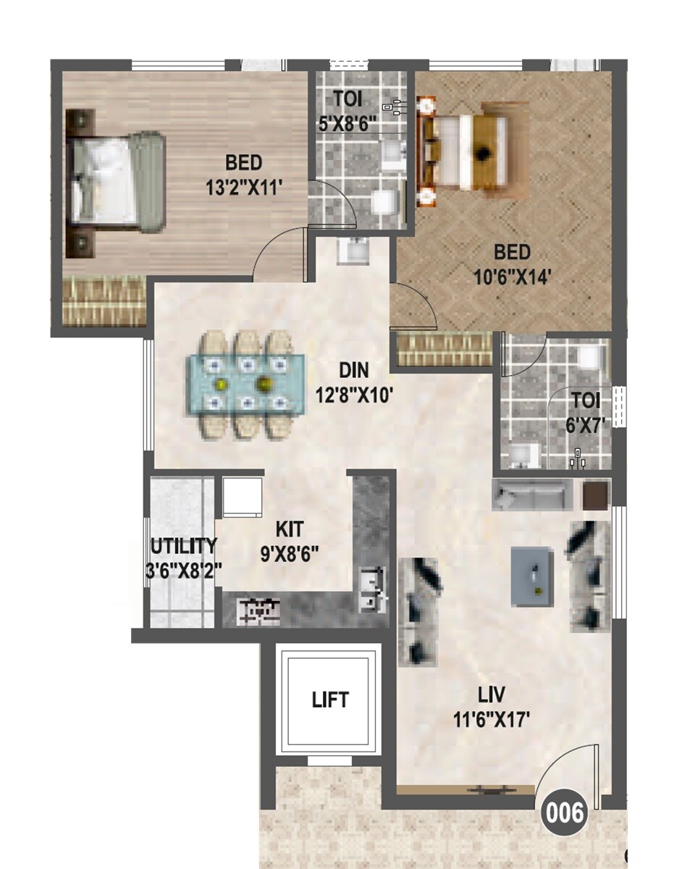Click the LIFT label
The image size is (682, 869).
click(x=330, y=700)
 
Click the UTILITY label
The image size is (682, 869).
click(x=183, y=545)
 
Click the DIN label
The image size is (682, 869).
click(x=353, y=371)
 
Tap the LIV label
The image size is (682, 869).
click(x=492, y=696)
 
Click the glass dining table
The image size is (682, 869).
click(x=247, y=383)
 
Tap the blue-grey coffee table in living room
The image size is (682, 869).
click(x=533, y=576)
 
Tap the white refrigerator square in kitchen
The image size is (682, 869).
click(x=243, y=496)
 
